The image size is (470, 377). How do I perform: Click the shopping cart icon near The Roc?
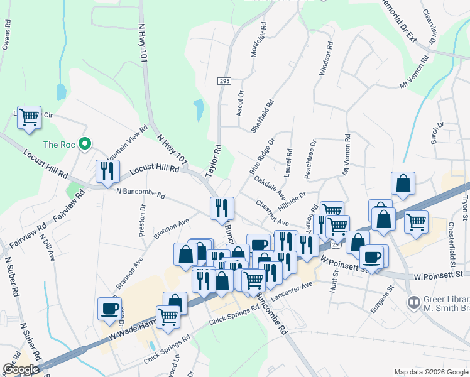(29, 117)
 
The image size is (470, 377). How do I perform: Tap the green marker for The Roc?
(82, 145)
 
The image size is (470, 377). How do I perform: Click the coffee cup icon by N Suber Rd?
(110, 309)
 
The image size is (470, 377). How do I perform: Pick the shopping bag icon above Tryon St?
(403, 183)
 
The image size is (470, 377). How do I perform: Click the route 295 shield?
(225, 82)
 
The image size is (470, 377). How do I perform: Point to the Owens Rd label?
(6, 35)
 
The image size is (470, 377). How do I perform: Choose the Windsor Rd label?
(325, 59)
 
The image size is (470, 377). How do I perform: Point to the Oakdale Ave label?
(270, 187)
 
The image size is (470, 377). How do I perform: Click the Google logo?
(21, 369)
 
